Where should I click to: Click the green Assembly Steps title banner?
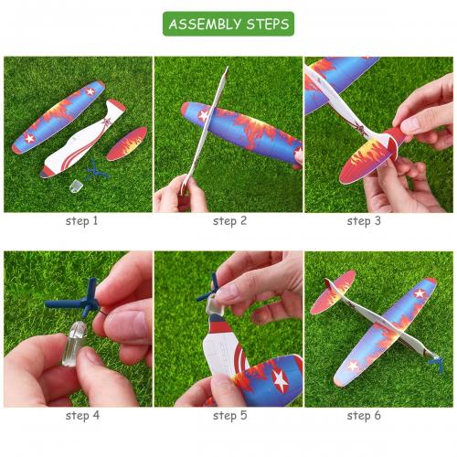pos(228,24)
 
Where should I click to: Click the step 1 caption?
pos(82,221)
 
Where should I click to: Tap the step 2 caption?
pos(229,221)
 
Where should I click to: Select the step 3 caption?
pos(364,221)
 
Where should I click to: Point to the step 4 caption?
pos(82,415)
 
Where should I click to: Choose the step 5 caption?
pos(229,415)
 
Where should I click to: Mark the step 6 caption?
pos(364,415)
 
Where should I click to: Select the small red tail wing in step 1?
pos(127,143)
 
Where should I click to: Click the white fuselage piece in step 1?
pos(82,139)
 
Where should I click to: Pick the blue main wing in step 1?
pos(58,117)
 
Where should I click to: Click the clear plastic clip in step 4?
pos(74,343)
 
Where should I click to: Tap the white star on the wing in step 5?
pos(280,379)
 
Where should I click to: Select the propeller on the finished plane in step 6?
pos(436,363)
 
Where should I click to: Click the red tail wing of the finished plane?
pos(333,292)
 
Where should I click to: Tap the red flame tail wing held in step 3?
pos(369,158)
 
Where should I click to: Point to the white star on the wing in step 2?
pos(204,115)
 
